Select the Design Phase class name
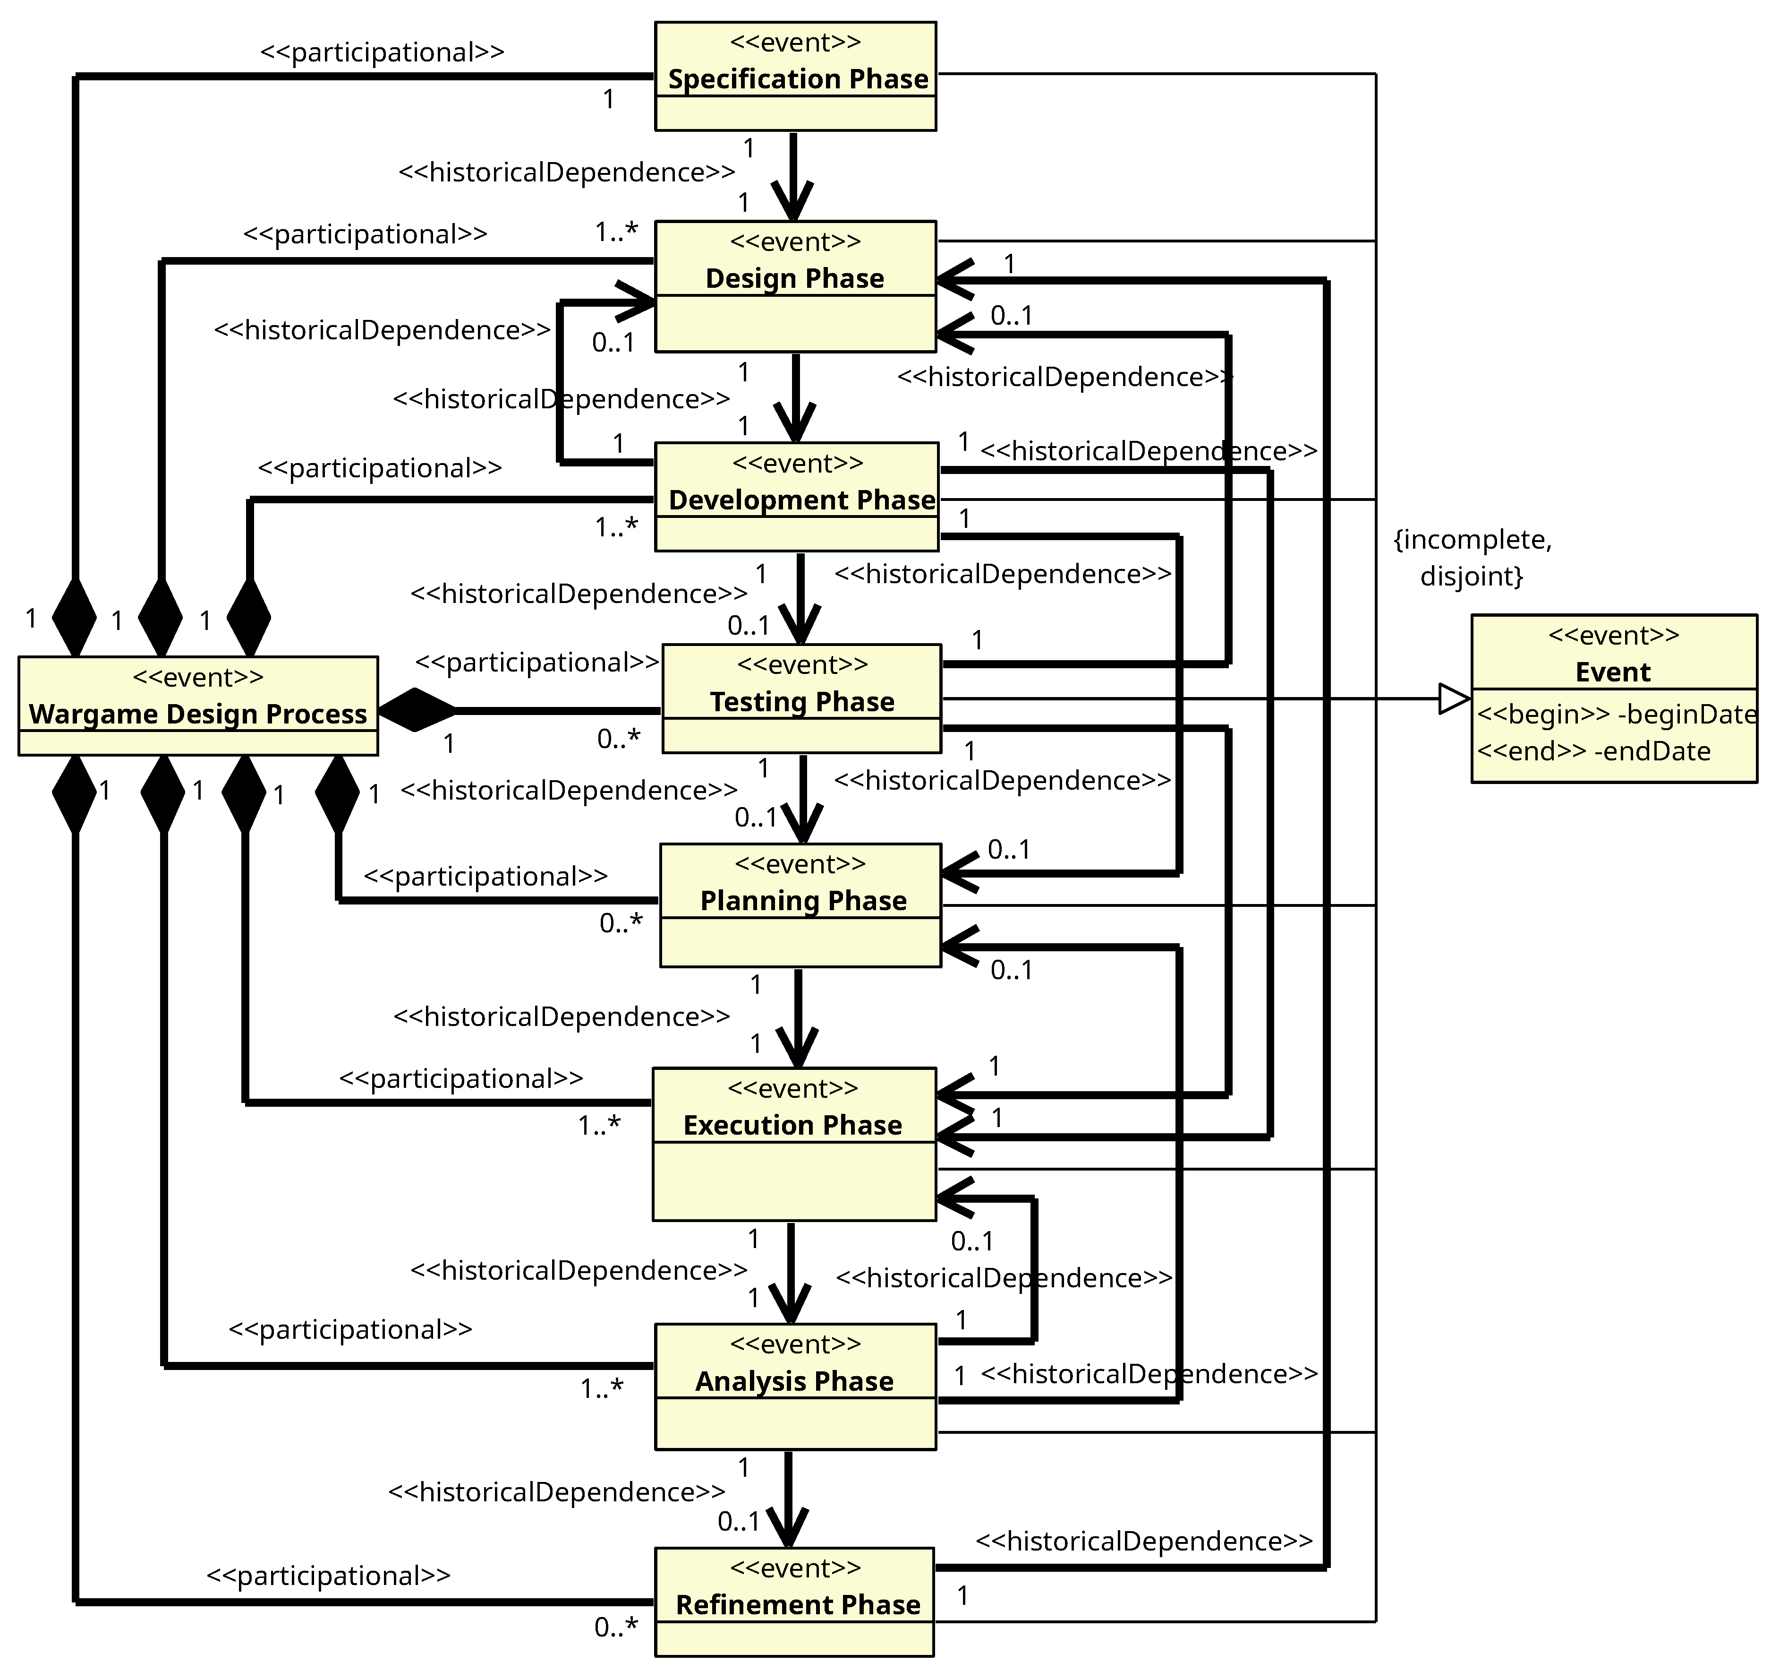pos(795,279)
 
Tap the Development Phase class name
pos(801,500)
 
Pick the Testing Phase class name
pos(802,702)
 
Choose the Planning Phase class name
pos(803,901)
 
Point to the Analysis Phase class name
pos(794,1381)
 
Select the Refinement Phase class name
pos(797,1605)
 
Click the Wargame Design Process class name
pos(198,715)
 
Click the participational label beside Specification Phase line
pos(382,52)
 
